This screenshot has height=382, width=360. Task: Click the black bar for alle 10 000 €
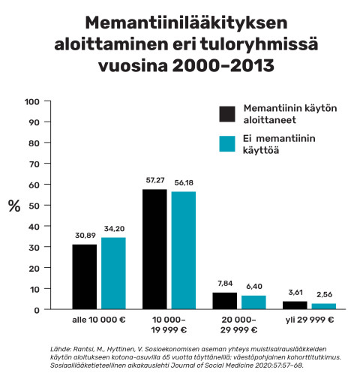pyautogui.click(x=85, y=276)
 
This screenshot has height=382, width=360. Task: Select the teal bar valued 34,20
pyautogui.click(x=113, y=273)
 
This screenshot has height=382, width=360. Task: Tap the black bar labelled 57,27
pyautogui.click(x=154, y=249)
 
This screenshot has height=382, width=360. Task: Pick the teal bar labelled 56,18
pyautogui.click(x=183, y=251)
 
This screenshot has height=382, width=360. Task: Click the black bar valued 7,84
pyautogui.click(x=224, y=300)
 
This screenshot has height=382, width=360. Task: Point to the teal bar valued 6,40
pyautogui.click(x=253, y=302)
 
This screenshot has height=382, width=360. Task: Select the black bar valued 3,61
pyautogui.click(x=294, y=305)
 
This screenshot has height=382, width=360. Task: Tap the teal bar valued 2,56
pyautogui.click(x=323, y=306)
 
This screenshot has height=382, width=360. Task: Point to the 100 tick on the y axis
pyautogui.click(x=32, y=101)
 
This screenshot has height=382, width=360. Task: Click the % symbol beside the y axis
pyautogui.click(x=13, y=206)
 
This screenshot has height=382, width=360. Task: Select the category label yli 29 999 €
pyautogui.click(x=309, y=320)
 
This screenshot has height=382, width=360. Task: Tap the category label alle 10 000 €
pyautogui.click(x=99, y=320)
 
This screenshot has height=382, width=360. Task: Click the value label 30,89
pyautogui.click(x=85, y=236)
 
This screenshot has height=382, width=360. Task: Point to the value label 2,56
pyautogui.click(x=323, y=294)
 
